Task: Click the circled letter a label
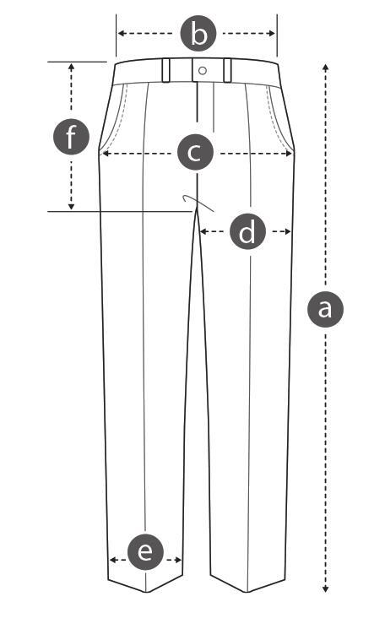[325, 309]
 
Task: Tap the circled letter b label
[198, 33]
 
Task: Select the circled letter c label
[195, 152]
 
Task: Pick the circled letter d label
[247, 231]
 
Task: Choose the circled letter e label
[145, 552]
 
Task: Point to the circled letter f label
[72, 137]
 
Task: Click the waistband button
[203, 71]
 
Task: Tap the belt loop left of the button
[166, 71]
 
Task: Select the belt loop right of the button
[227, 71]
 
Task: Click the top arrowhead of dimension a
[326, 67]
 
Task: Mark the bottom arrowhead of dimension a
[326, 588]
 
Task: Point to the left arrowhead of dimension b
[121, 33]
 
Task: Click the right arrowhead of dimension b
[272, 33]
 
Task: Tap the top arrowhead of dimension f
[72, 67]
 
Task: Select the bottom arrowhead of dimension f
[72, 206]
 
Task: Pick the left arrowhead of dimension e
[113, 560]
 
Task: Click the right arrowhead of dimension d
[287, 231]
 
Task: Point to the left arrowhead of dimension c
[106, 153]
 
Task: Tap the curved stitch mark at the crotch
[198, 203]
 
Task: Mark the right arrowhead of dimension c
[288, 153]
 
